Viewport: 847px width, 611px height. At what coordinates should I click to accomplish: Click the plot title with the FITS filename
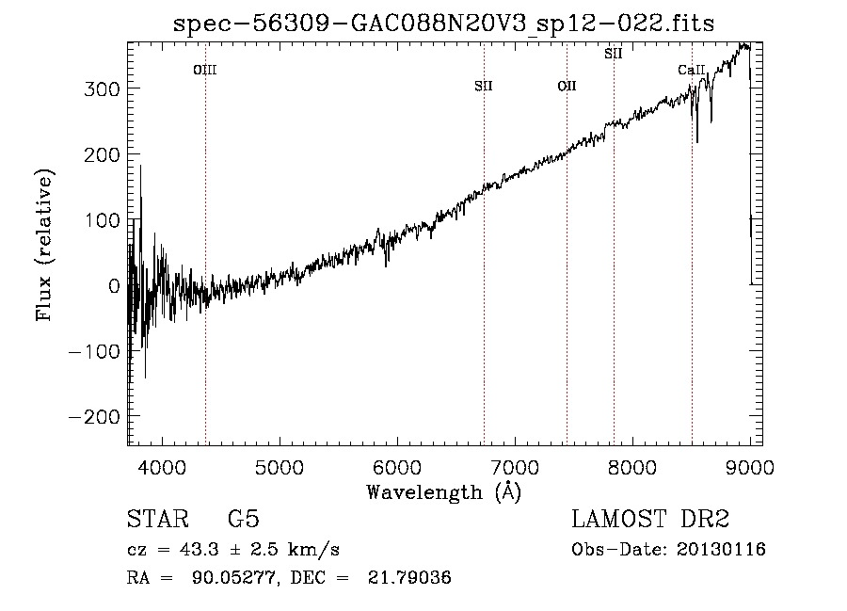point(443,24)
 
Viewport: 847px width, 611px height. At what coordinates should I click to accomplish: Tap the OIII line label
point(204,70)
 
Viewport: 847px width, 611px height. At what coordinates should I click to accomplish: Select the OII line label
point(567,87)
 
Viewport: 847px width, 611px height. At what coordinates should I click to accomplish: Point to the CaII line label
point(692,70)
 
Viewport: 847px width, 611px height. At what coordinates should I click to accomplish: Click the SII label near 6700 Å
point(484,87)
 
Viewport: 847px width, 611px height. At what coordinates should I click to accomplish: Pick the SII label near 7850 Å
point(614,54)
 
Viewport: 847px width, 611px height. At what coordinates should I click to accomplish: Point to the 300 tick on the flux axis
point(100,88)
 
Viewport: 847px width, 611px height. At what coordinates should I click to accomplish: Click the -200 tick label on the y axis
point(94,416)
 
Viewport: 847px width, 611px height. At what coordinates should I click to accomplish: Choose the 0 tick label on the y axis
point(114,285)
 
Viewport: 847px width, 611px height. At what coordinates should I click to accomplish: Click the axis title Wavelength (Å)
point(443,491)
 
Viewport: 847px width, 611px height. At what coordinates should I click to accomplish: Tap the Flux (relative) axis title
point(44,245)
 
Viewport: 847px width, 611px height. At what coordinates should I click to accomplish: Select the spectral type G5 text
point(243,520)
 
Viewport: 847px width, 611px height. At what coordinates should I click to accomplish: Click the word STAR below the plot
point(156,520)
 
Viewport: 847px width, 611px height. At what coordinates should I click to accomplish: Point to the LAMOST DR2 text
point(650,520)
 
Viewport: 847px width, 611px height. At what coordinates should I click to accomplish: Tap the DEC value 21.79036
point(410,579)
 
